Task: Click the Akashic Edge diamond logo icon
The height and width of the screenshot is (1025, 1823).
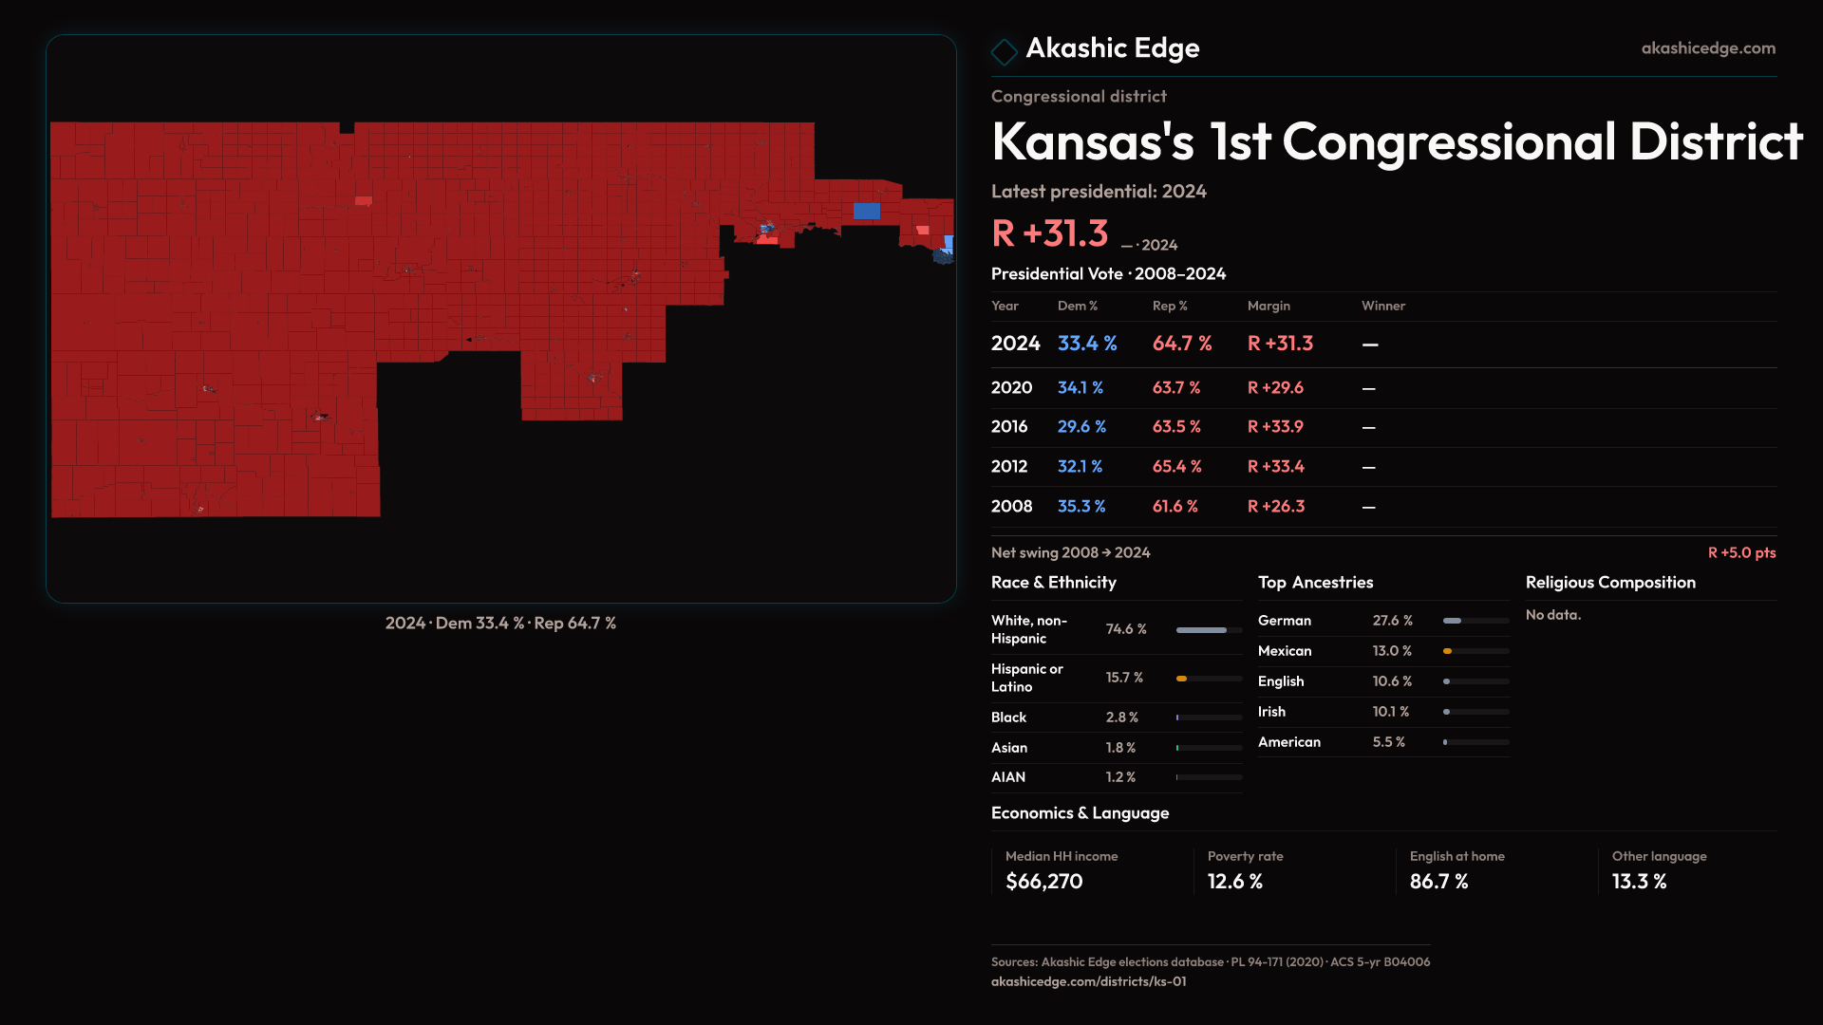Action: coord(1004,51)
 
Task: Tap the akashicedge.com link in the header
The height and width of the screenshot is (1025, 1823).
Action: coord(1707,48)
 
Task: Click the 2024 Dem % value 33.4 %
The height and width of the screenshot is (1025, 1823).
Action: coord(1087,344)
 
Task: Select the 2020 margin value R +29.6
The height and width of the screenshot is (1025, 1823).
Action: coord(1275,388)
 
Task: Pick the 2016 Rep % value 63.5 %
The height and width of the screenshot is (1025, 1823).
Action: coord(1176,427)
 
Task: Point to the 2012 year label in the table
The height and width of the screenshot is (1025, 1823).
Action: coord(1008,467)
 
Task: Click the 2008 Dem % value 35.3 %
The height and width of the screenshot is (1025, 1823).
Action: coord(1081,507)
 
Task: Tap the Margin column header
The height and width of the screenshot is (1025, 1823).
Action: coord(1269,306)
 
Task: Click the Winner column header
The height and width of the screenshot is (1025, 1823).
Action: coord(1382,306)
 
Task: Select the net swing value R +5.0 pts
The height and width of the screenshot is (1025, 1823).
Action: coord(1741,552)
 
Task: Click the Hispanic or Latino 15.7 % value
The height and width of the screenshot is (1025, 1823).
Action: coord(1124,678)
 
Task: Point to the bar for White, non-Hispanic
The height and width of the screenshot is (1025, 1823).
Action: coord(1201,630)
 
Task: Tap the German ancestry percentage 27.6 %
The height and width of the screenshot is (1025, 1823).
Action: coord(1392,621)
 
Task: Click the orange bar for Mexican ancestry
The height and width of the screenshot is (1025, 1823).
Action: coord(1448,651)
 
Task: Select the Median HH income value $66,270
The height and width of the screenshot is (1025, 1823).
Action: coord(1043,882)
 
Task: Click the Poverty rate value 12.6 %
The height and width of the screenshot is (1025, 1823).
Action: coord(1234,882)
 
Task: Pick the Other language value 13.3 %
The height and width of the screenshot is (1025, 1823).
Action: coord(1639,882)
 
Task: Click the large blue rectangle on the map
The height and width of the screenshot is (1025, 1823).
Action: coord(866,211)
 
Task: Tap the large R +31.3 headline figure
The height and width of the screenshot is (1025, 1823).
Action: coord(1049,233)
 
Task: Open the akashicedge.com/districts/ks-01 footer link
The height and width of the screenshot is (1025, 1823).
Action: coord(1088,981)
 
